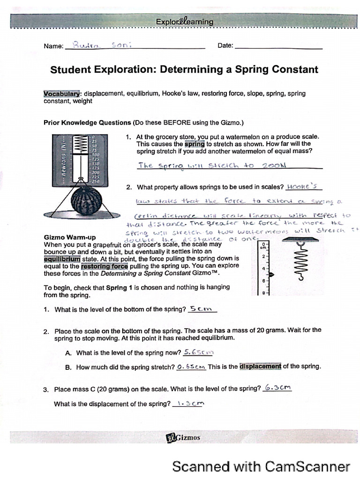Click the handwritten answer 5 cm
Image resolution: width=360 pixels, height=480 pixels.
(202, 308)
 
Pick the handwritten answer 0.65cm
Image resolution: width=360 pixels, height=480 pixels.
(191, 367)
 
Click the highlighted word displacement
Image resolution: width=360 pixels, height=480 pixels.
(260, 367)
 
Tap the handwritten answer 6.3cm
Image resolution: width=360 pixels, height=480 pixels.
(277, 388)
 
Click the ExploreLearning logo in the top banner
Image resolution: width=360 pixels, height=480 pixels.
(185, 22)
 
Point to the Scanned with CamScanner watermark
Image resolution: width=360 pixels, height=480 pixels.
(261, 466)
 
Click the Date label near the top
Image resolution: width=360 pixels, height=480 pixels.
(225, 45)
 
